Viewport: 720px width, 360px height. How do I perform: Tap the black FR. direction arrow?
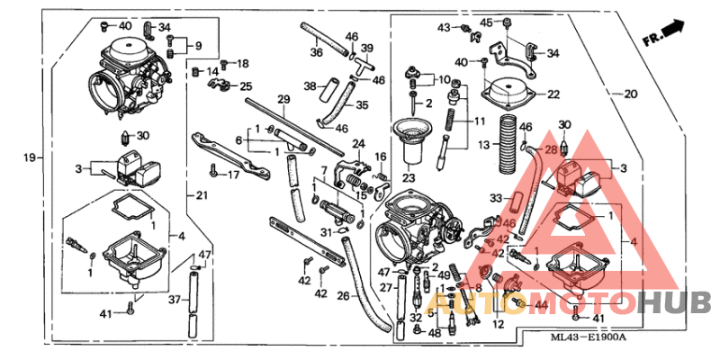tap(671, 31)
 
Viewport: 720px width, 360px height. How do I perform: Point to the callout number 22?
tap(553, 94)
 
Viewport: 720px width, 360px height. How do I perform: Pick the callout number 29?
tap(283, 99)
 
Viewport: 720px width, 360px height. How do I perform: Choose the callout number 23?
tap(409, 178)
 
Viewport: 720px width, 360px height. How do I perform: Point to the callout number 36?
tap(316, 52)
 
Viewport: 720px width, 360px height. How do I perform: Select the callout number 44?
tap(541, 306)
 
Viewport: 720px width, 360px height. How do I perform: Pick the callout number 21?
tap(201, 194)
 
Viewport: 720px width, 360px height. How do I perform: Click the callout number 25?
tap(246, 86)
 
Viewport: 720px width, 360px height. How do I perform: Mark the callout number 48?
tap(436, 333)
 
